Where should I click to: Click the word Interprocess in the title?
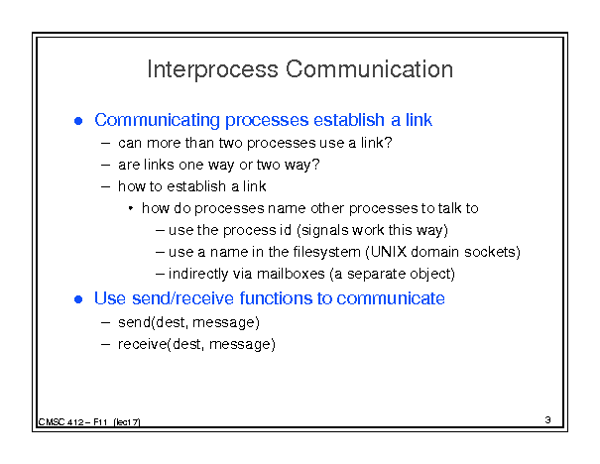click(213, 69)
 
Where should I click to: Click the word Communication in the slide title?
click(369, 68)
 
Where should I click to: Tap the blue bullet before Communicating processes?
click(78, 121)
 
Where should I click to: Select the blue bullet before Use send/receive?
click(78, 299)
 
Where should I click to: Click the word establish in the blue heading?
click(349, 120)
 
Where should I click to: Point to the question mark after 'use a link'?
click(388, 143)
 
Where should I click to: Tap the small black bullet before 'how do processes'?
click(131, 208)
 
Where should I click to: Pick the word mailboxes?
click(291, 274)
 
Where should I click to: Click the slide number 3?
click(548, 420)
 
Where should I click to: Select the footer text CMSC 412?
click(60, 422)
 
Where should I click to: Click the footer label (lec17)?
click(127, 422)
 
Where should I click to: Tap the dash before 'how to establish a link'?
click(105, 187)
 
